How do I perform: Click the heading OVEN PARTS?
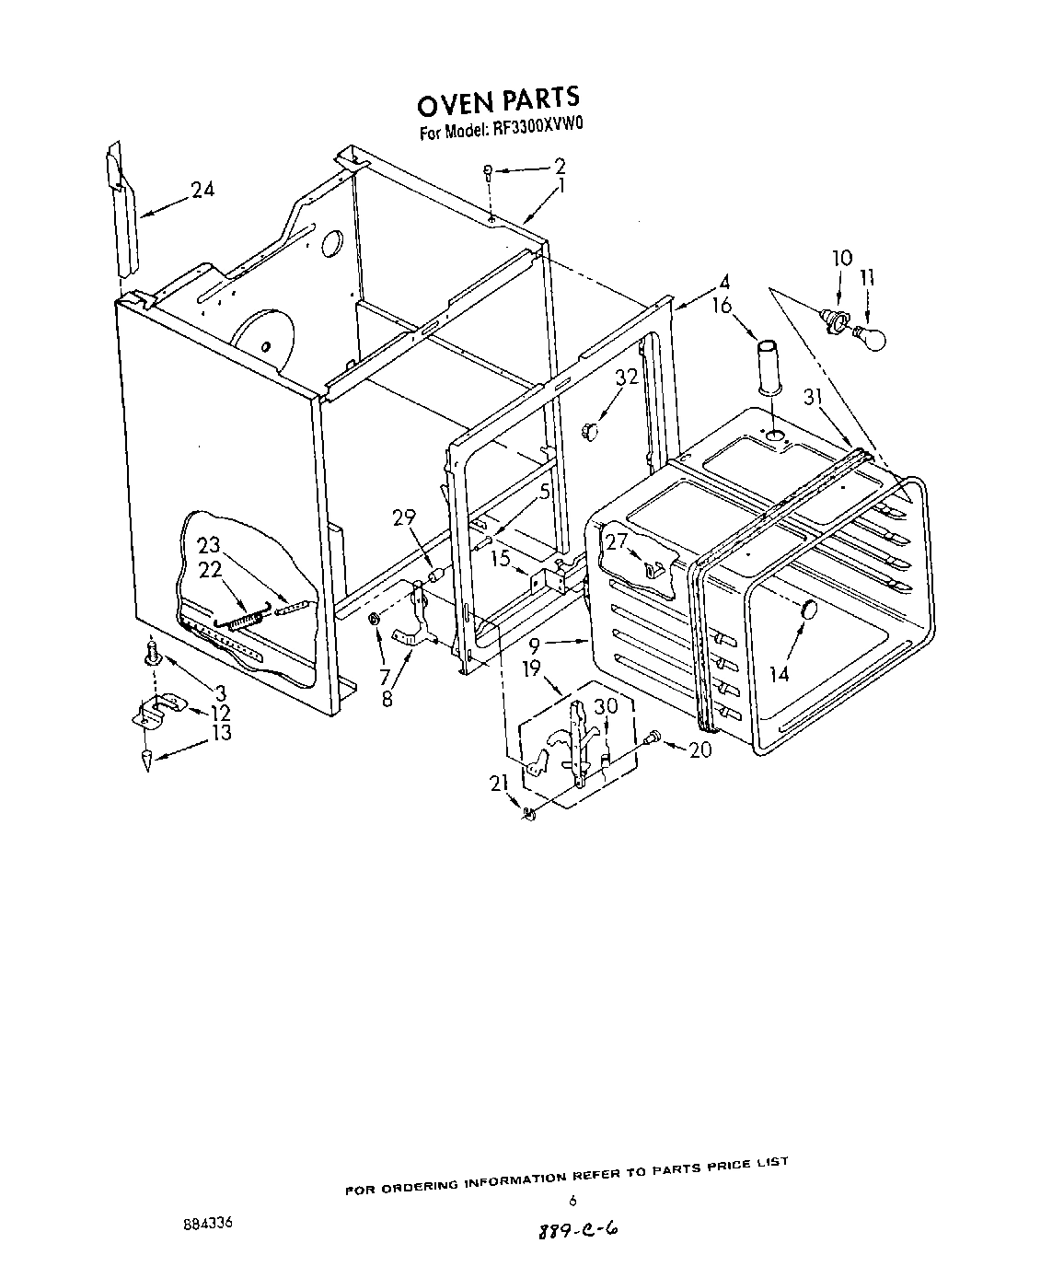click(498, 98)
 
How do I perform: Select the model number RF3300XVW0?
click(533, 131)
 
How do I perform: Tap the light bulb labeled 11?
click(870, 336)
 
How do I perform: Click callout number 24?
click(202, 190)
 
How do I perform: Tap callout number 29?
click(405, 517)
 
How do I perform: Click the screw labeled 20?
click(653, 736)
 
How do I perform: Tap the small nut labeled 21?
click(528, 814)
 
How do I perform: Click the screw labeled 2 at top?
click(490, 170)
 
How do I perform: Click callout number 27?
click(614, 540)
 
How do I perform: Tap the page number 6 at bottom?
click(572, 1201)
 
